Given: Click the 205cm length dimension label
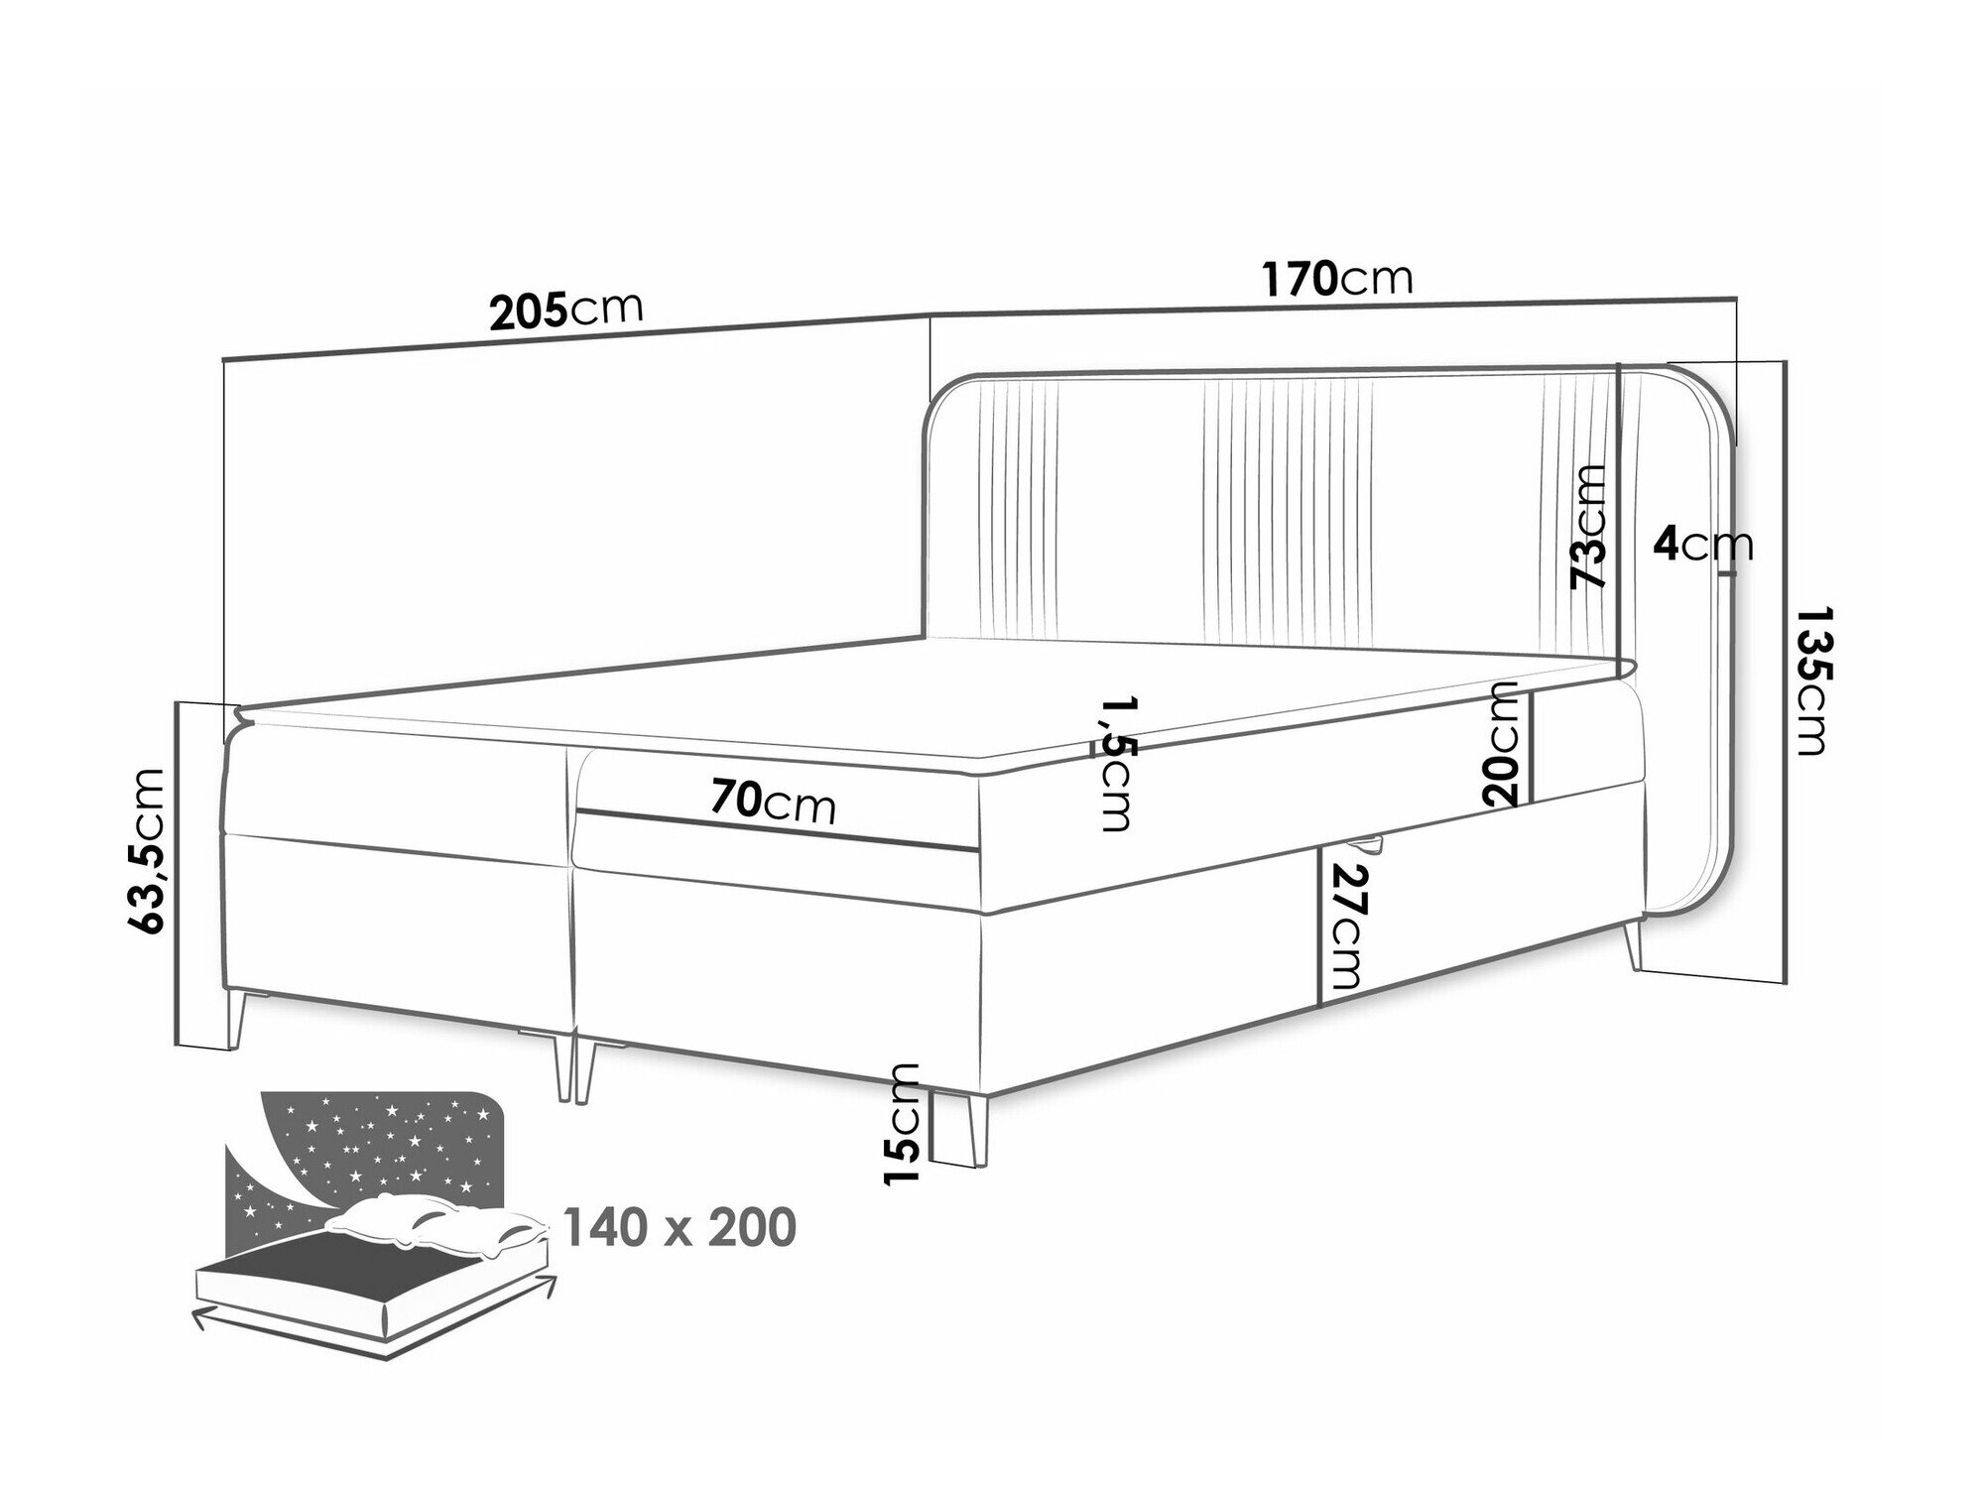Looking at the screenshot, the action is (x=566, y=310).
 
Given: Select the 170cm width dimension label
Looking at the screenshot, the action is (x=1336, y=279).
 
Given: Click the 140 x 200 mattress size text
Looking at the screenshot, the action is (x=680, y=1226).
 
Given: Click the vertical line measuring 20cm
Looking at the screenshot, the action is (x=1531, y=746).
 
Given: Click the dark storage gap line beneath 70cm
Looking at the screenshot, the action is (x=779, y=831).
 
